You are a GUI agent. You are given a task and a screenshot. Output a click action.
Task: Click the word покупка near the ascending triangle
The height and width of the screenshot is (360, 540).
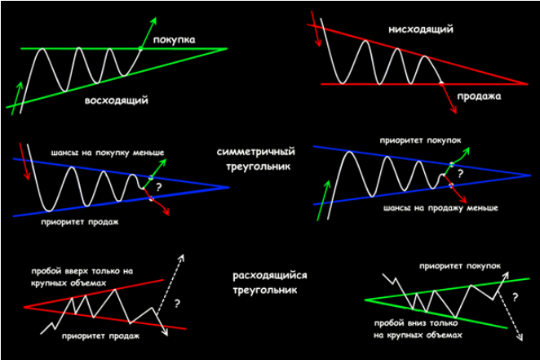[x=174, y=38]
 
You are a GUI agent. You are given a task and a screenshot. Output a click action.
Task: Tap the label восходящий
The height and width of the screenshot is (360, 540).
[x=116, y=101]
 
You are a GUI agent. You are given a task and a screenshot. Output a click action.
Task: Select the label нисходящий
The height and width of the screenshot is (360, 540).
[x=421, y=29]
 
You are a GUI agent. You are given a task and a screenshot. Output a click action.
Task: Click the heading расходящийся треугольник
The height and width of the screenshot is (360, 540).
[x=258, y=282]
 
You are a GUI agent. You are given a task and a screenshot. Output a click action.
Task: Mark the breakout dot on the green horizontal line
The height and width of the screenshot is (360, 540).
[x=140, y=49]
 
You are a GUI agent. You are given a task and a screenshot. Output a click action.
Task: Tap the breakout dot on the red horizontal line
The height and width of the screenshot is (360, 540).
[x=440, y=83]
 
